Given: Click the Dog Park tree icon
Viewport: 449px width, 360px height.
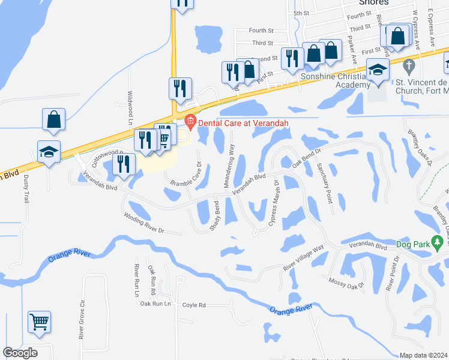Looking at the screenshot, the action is [x=438, y=243].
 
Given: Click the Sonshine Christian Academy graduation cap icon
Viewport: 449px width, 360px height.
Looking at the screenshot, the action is [x=378, y=71].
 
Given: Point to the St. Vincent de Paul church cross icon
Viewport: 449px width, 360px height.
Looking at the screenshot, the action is [x=409, y=65].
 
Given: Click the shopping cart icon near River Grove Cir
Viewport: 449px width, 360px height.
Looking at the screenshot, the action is [x=39, y=322].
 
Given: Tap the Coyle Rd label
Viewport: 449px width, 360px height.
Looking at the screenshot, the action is [x=194, y=305].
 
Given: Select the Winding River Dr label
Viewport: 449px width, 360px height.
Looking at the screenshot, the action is [x=144, y=223].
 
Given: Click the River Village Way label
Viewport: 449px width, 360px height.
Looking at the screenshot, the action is [x=304, y=258].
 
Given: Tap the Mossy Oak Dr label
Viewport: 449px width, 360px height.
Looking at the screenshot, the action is [x=347, y=281].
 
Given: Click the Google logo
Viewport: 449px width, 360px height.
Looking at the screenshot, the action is [x=20, y=353].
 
